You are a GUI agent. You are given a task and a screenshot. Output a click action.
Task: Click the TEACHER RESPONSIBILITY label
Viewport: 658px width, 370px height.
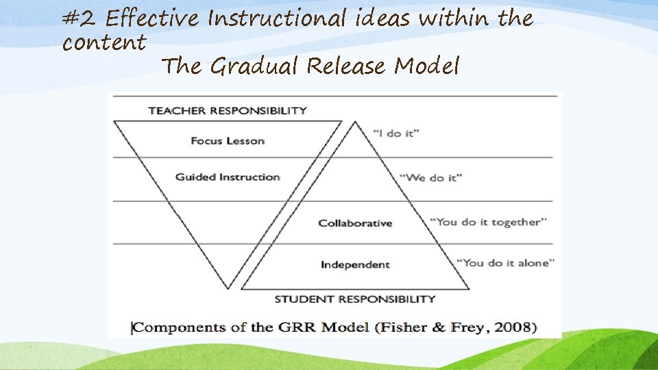(227, 110)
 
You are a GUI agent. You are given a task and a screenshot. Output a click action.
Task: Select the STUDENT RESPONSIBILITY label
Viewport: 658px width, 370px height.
(354, 299)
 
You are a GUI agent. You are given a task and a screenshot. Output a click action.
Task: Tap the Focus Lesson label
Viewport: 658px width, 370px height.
(227, 141)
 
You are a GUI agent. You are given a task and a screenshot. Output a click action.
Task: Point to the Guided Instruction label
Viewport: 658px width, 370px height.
(228, 177)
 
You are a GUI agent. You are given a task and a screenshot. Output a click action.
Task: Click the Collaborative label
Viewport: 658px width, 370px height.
(355, 223)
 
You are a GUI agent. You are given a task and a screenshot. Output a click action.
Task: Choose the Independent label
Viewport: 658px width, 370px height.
(355, 264)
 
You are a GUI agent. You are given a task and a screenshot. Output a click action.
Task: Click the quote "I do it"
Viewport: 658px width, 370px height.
(396, 134)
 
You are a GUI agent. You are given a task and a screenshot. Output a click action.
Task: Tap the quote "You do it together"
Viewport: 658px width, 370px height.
(488, 222)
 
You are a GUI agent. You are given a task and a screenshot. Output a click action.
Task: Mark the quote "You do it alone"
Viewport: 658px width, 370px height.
(505, 262)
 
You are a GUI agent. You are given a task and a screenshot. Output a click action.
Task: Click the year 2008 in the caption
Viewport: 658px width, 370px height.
(516, 327)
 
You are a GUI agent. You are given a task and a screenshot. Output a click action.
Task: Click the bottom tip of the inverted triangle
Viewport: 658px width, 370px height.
(228, 288)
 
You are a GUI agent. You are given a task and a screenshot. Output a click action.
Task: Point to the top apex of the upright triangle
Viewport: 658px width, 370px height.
(354, 122)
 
